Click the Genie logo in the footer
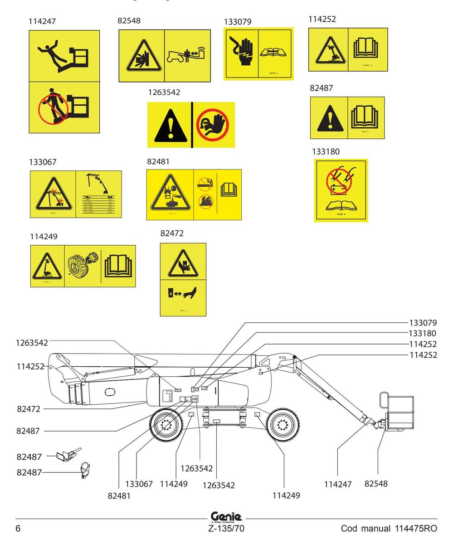pyautogui.click(x=226, y=516)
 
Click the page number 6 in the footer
pyautogui.click(x=18, y=529)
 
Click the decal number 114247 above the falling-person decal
pyautogui.click(x=42, y=21)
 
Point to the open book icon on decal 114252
pyautogui.click(x=367, y=49)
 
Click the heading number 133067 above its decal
pyautogui.click(x=43, y=162)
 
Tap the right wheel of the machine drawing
pyautogui.click(x=283, y=425)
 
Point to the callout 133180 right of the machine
pyautogui.click(x=421, y=334)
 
